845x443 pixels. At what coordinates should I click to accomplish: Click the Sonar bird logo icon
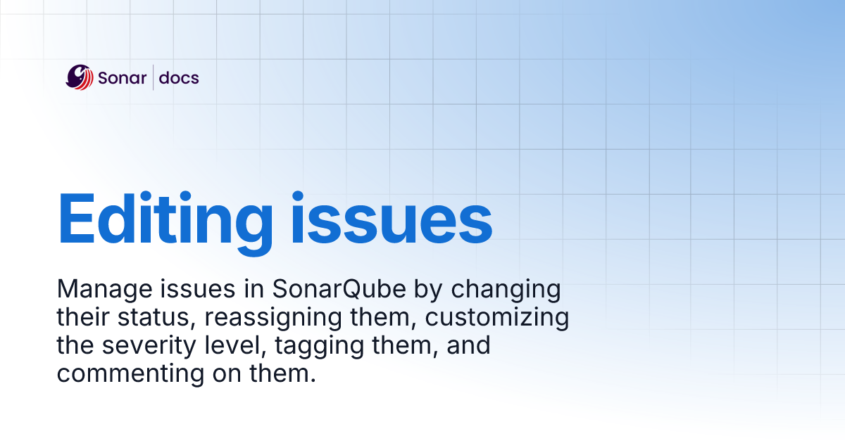tap(80, 77)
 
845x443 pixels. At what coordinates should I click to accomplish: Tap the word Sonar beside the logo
tap(123, 78)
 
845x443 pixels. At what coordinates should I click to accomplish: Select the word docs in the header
tap(179, 78)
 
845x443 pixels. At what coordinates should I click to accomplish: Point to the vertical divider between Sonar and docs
tap(154, 77)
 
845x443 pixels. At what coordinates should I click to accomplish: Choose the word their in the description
tap(82, 318)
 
